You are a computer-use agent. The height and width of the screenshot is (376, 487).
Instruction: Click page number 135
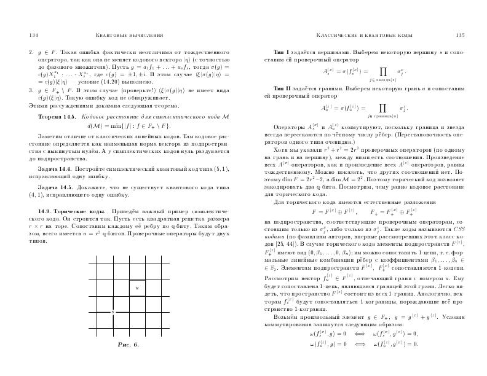point(458,35)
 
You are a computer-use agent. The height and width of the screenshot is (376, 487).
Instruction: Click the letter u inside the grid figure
point(137,287)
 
